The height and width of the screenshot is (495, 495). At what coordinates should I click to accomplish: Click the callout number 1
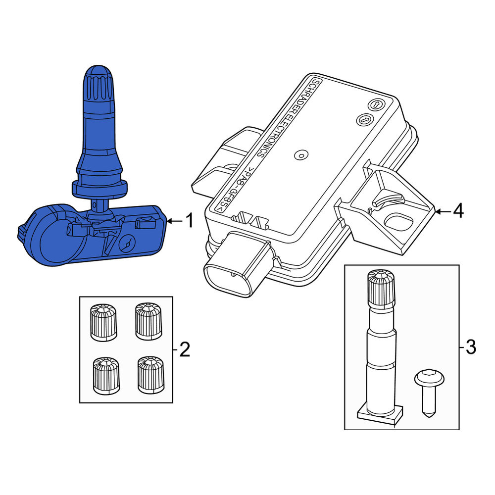point(190,220)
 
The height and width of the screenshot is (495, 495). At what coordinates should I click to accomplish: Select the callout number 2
point(185,349)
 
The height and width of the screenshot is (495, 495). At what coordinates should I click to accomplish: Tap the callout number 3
point(471,347)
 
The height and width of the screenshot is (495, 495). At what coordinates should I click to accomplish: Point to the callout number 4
point(458,210)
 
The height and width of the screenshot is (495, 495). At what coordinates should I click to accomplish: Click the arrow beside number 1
point(175,221)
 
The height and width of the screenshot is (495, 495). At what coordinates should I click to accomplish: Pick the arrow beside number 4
point(443,211)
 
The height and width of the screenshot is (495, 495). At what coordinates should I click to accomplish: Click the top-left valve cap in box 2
point(103,322)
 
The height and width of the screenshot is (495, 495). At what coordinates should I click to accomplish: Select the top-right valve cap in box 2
point(148,321)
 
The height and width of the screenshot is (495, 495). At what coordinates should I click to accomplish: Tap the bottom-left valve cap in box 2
point(106,376)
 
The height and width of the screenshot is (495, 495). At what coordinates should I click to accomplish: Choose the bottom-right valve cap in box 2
point(150,375)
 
